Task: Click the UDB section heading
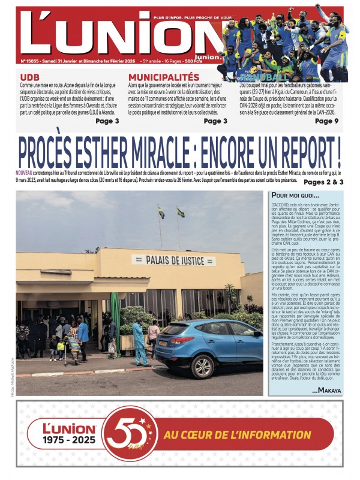pyautogui.click(x=30, y=77)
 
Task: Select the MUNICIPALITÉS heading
pyautogui.click(x=163, y=77)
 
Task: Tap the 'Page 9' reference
pyautogui.click(x=326, y=121)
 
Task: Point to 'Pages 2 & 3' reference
pyautogui.click(x=323, y=182)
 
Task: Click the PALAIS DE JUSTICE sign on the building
pyautogui.click(x=173, y=260)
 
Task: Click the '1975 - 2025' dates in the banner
pyautogui.click(x=68, y=443)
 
